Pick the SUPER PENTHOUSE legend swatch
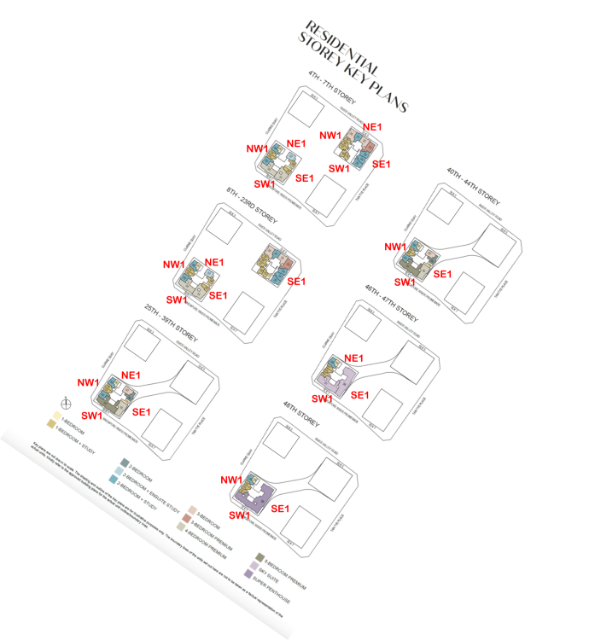click(248, 574)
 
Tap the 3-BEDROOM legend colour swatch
click(192, 508)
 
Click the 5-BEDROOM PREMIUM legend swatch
click(258, 556)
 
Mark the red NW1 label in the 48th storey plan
click(233, 480)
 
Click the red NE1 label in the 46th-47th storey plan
click(354, 358)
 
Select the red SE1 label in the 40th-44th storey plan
click(441, 274)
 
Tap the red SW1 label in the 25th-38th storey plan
click(92, 415)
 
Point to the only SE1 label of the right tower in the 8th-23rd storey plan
click(296, 282)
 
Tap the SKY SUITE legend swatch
click(254, 565)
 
